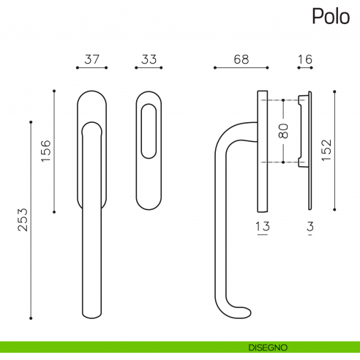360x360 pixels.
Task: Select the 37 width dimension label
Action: click(x=92, y=59)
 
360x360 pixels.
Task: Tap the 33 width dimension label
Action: click(x=149, y=59)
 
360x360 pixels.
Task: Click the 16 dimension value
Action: click(x=305, y=59)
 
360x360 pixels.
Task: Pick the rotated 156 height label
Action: click(x=45, y=151)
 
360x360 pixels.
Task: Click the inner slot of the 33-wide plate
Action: click(x=149, y=132)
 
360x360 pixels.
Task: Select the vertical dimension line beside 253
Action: click(x=31, y=220)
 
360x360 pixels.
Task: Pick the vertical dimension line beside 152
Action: click(x=335, y=151)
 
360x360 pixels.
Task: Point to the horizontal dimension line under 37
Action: click(x=92, y=69)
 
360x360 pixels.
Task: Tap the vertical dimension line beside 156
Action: click(x=54, y=151)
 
